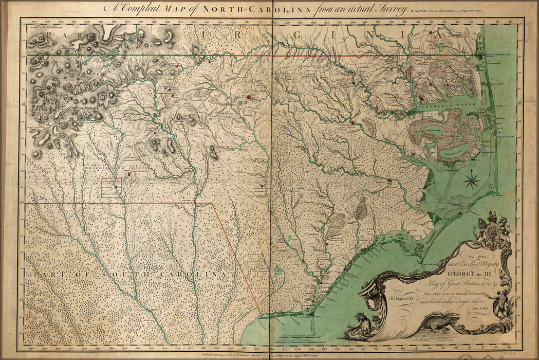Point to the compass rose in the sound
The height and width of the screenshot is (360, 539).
pyautogui.click(x=472, y=180)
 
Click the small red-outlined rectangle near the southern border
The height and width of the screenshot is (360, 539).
pyautogui.click(x=111, y=188)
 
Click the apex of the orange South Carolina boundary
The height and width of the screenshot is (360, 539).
pyautogui.click(x=212, y=204)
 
